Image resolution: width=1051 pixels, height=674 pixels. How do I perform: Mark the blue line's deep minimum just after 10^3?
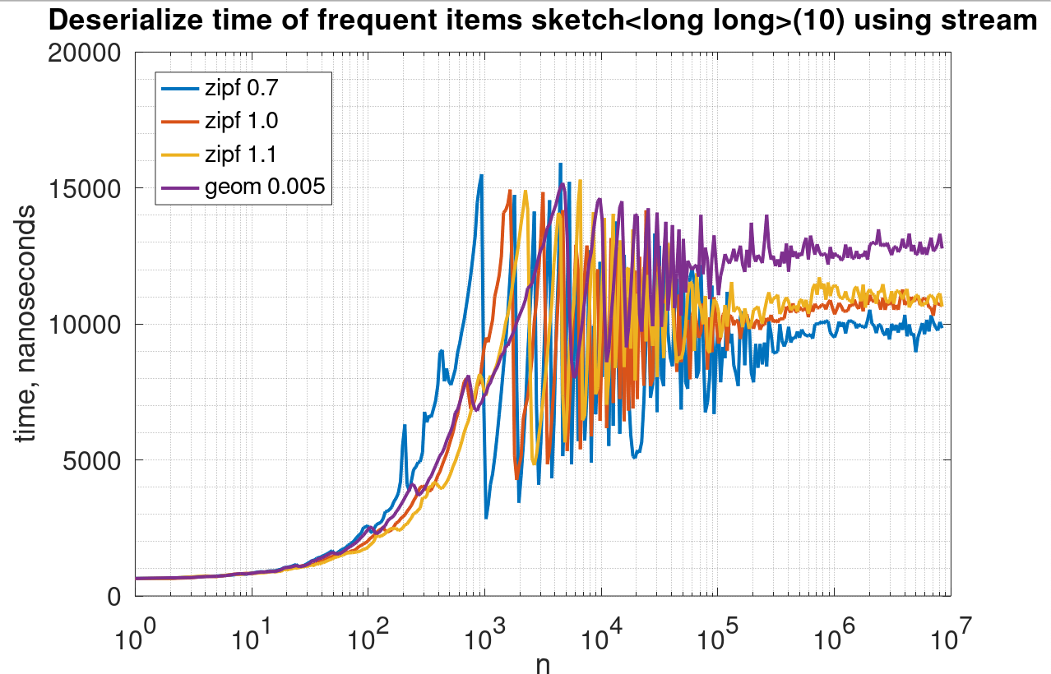point(486,518)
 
